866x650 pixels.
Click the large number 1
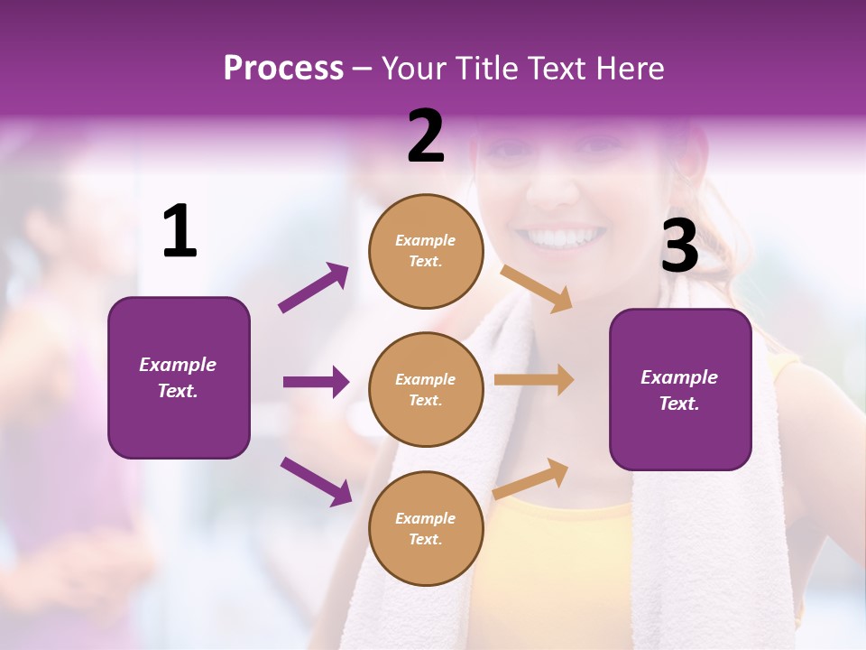[180, 232]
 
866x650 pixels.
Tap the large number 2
[426, 136]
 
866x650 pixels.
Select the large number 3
[679, 246]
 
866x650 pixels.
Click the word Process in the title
[283, 68]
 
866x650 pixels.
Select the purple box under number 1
[179, 377]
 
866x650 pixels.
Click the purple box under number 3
[680, 389]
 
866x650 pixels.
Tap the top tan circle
[426, 251]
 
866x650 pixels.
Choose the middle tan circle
[426, 389]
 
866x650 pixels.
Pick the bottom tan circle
[426, 528]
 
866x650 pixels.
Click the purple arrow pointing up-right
[314, 288]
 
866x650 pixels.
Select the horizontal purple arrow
[316, 382]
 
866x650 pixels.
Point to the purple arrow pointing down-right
[316, 480]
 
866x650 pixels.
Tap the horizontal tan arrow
[534, 380]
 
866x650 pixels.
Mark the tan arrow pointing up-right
[530, 478]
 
